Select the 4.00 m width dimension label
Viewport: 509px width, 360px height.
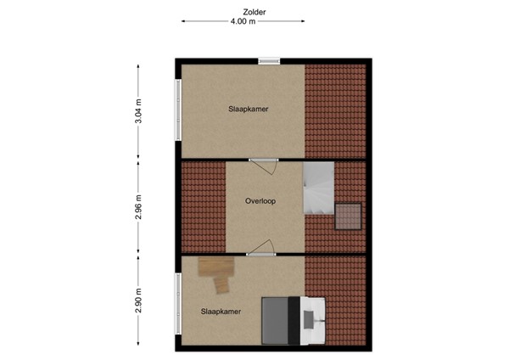tap(243, 22)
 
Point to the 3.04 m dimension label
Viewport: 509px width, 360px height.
tap(139, 112)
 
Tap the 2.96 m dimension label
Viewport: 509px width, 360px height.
tap(139, 206)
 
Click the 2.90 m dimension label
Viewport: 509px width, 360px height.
tap(139, 301)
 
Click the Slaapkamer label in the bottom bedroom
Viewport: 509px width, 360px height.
tap(221, 312)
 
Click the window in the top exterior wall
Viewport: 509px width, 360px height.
tap(269, 60)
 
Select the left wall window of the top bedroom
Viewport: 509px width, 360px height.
tap(178, 110)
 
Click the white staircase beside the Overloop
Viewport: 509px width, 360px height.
tap(320, 189)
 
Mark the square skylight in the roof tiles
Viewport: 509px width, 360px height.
tap(348, 217)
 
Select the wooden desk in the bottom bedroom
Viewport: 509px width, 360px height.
tap(217, 272)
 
